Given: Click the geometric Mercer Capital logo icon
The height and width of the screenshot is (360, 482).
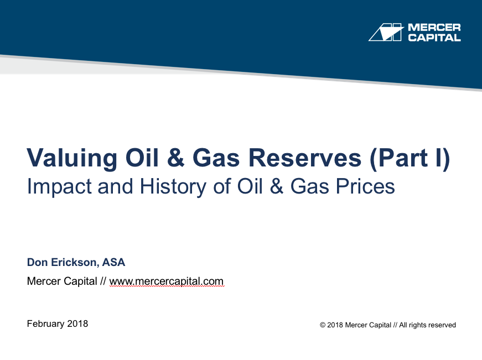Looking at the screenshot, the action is tap(386, 32).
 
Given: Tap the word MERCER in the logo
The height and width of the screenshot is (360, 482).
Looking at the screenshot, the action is tap(434, 27).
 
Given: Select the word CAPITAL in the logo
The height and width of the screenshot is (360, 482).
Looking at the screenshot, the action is tap(434, 38).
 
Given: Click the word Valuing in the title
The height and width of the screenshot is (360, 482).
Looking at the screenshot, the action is tap(72, 159).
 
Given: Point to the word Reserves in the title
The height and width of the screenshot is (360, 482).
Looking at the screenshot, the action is tap(304, 158).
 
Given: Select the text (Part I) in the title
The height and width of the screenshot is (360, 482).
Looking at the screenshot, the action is tap(410, 159).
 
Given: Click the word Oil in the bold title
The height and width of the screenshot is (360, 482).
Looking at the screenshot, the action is tap(142, 158).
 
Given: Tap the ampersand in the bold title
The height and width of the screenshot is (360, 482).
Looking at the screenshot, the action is tap(175, 158).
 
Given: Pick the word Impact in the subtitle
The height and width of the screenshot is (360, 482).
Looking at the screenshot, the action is tap(59, 187).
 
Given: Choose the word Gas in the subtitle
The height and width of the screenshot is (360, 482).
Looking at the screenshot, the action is tap(309, 186).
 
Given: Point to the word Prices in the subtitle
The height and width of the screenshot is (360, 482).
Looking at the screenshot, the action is tap(365, 186).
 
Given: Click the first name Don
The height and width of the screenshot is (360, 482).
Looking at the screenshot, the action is tap(37, 262).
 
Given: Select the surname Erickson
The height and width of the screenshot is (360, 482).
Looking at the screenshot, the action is tap(75, 263).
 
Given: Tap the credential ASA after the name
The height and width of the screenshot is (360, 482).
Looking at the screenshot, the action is tap(113, 262).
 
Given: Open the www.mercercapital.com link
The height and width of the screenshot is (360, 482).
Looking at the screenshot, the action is tap(167, 281).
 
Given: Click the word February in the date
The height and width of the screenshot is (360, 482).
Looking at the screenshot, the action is tap(45, 324).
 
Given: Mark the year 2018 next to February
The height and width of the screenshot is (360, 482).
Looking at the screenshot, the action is tap(77, 324).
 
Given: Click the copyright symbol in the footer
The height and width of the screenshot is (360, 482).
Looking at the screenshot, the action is tap(323, 325).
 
